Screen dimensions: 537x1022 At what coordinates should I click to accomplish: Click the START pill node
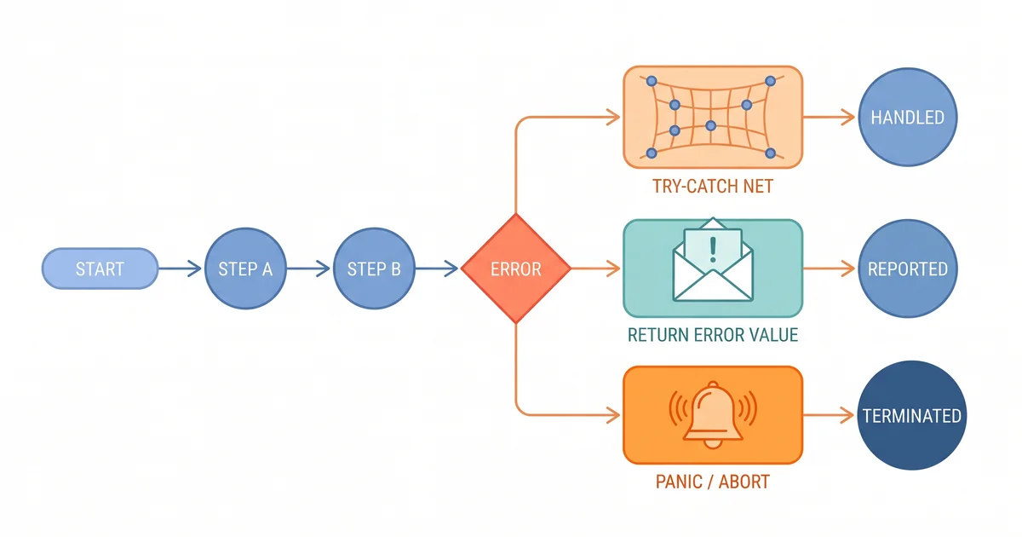point(100,269)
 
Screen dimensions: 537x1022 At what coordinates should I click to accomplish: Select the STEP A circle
point(244,269)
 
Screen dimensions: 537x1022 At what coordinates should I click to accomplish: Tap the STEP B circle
point(373,269)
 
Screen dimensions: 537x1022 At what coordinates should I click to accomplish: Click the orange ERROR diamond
point(515,269)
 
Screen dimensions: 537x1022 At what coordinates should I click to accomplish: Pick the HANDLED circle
point(907,118)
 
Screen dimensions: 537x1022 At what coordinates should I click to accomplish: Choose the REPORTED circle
point(907,269)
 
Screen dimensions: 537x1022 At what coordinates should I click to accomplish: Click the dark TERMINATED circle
point(911,416)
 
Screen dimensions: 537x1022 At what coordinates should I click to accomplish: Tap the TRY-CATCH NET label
point(713,186)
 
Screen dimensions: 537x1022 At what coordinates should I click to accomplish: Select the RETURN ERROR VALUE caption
point(713,335)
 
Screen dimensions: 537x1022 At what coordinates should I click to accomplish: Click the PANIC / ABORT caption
point(713,482)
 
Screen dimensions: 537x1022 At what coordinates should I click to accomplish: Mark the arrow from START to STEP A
point(181,269)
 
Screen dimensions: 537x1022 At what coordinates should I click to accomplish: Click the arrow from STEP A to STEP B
point(307,269)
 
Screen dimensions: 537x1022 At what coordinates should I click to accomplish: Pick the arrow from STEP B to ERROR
point(437,269)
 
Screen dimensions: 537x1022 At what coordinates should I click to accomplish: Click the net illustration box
point(713,117)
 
